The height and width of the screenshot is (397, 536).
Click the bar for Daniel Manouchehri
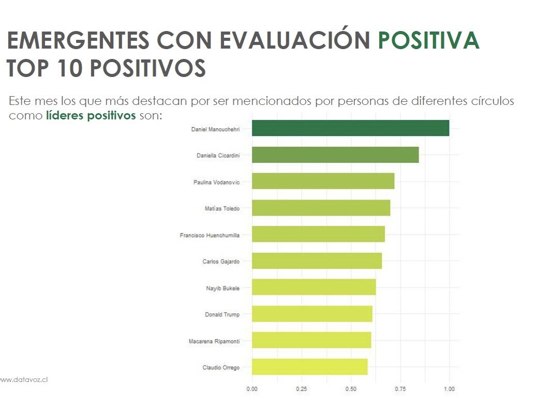click(350, 128)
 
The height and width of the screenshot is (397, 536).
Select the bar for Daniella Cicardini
click(335, 155)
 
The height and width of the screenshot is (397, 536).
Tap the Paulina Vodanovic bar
click(323, 181)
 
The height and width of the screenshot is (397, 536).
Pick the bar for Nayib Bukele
click(314, 287)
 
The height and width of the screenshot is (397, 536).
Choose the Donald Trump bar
click(312, 314)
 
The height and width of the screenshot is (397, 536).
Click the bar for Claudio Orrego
click(309, 367)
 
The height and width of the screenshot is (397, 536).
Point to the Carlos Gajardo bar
click(317, 261)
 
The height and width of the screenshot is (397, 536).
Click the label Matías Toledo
click(222, 208)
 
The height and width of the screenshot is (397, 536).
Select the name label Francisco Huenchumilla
click(210, 235)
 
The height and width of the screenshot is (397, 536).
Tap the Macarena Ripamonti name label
click(214, 341)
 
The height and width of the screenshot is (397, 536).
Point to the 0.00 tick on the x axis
click(252, 389)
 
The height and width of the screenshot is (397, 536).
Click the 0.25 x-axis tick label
click(301, 389)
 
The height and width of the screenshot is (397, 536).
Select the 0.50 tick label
click(351, 389)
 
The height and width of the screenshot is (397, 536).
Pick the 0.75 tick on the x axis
click(400, 389)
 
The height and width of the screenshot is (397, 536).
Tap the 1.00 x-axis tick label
click(449, 389)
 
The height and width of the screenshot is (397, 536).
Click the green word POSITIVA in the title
click(429, 41)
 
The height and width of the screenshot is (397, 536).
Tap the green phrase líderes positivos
click(91, 115)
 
